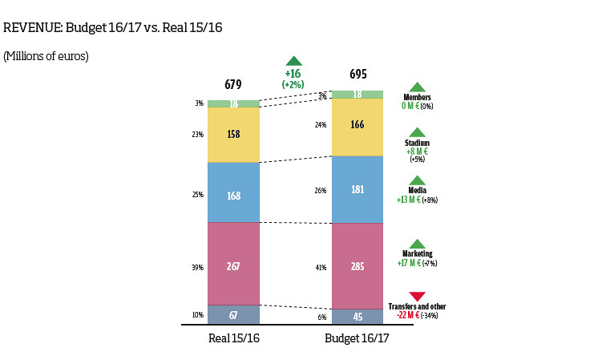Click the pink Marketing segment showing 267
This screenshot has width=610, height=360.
click(233, 264)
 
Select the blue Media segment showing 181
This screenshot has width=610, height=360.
click(357, 189)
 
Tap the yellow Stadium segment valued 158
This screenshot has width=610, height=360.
click(233, 135)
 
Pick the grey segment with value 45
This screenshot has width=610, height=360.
click(357, 316)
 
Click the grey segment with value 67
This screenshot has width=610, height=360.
click(233, 313)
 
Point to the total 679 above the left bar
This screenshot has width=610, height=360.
click(233, 84)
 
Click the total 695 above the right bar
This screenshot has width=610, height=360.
click(358, 75)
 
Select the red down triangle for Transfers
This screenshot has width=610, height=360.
click(418, 297)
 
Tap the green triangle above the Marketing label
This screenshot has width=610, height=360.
click(418, 244)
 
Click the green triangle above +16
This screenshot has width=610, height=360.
click(294, 61)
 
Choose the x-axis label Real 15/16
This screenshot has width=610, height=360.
click(234, 338)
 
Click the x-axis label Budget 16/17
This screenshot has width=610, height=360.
click(357, 338)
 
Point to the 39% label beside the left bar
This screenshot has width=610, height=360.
click(198, 267)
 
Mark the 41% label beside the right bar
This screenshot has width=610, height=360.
click(321, 267)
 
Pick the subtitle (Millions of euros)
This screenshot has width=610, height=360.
click(46, 56)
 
